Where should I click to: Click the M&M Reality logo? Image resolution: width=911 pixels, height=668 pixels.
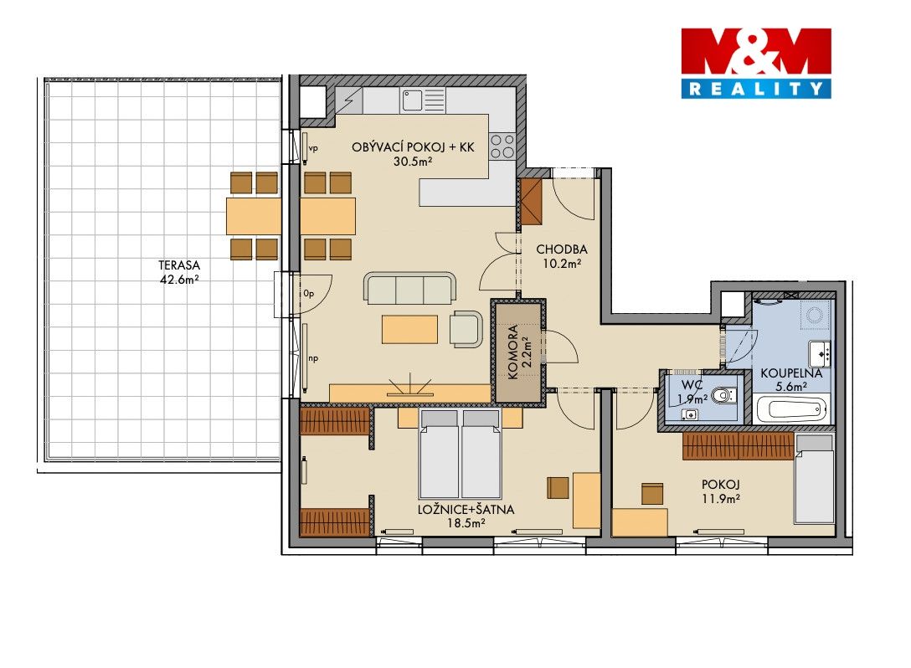(x=756, y=63)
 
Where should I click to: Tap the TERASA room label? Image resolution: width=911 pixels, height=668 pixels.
(x=179, y=265)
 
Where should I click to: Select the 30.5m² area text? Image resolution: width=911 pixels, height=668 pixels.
(x=413, y=162)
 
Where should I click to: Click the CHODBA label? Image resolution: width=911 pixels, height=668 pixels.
(x=561, y=249)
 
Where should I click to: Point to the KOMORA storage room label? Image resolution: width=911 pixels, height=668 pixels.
(x=513, y=352)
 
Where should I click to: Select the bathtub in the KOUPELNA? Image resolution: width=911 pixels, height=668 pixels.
(x=792, y=409)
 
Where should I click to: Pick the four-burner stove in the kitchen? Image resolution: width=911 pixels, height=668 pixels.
(x=502, y=146)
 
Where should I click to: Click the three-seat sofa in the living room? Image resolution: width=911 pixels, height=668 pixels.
(x=409, y=288)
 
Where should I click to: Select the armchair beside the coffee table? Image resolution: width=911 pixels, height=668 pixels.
(x=466, y=329)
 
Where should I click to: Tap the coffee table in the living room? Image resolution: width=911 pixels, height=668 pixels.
(x=409, y=329)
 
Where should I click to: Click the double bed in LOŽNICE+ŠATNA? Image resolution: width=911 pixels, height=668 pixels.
(x=461, y=453)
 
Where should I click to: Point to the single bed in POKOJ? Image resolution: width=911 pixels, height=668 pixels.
(x=815, y=479)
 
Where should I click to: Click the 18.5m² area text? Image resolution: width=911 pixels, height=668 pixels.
(x=466, y=523)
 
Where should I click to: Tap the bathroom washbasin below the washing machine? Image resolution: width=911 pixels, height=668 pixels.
(x=821, y=353)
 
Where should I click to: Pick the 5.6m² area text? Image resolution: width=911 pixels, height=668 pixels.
(x=791, y=386)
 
